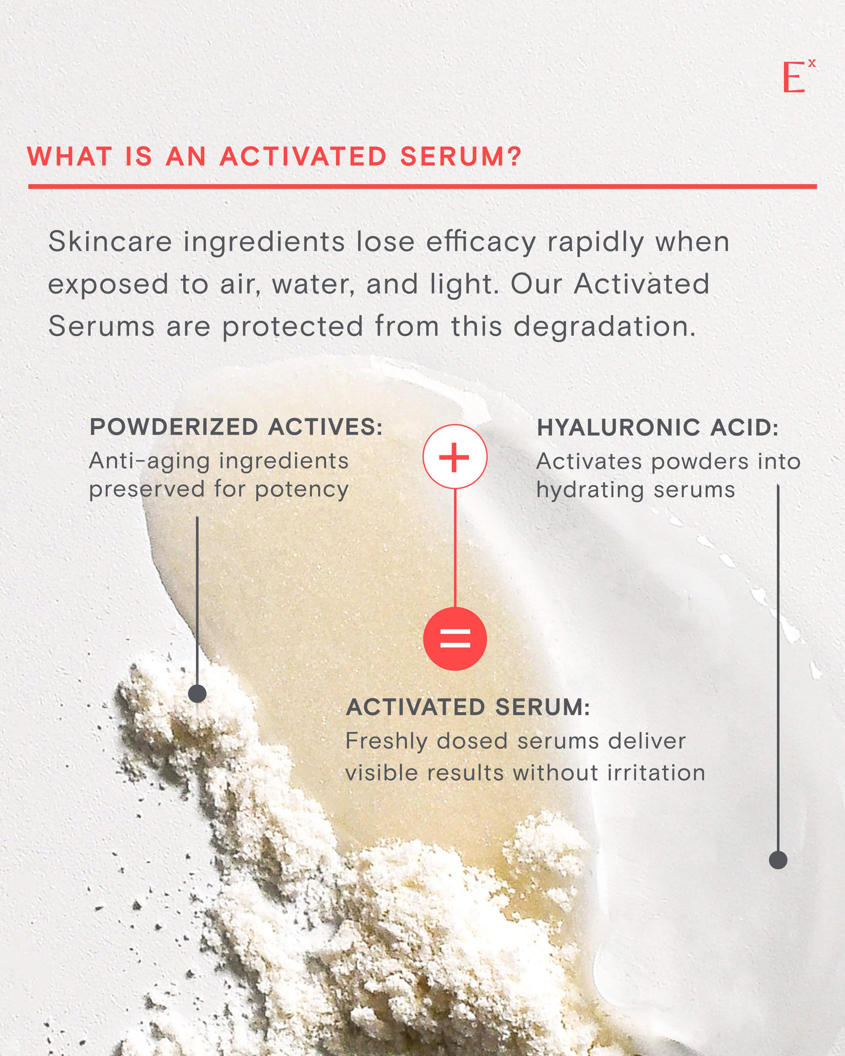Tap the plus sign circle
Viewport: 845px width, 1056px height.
coord(455,456)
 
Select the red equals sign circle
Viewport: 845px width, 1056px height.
coord(455,639)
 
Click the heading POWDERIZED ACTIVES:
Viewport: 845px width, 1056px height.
coord(236,427)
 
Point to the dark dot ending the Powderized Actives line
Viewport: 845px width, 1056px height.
coord(197,693)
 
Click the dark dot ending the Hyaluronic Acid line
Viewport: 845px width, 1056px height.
coord(778,860)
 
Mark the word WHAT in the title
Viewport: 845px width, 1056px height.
coord(70,157)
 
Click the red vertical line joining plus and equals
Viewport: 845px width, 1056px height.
coord(455,548)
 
